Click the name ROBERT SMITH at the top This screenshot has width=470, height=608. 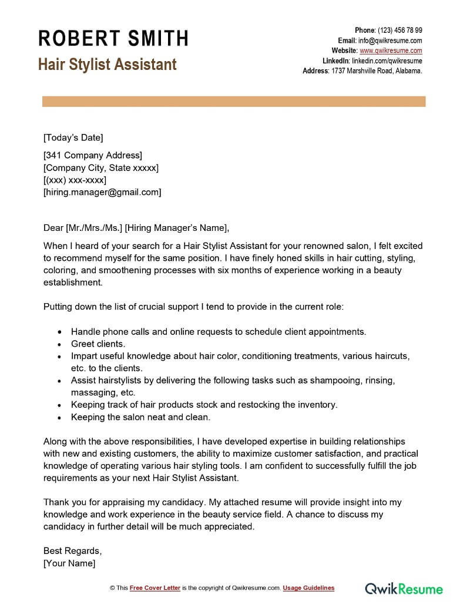pyautogui.click(x=113, y=39)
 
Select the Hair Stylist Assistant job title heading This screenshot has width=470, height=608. pyautogui.click(x=108, y=64)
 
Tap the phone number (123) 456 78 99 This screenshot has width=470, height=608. pyautogui.click(x=399, y=31)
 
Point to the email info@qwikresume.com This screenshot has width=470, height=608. pyautogui.click(x=391, y=41)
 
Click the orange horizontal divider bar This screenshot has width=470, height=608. pyautogui.click(x=234, y=102)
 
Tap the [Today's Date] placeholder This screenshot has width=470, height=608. pyautogui.click(x=73, y=138)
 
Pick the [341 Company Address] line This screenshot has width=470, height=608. pyautogui.click(x=93, y=156)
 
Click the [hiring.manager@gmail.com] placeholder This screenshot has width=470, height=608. pyautogui.click(x=102, y=192)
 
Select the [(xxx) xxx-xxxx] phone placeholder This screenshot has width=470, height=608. pyautogui.click(x=75, y=180)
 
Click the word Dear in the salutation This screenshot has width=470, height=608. pyautogui.click(x=53, y=228)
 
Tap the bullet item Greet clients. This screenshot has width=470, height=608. pyautogui.click(x=98, y=344)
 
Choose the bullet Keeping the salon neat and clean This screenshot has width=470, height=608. pyautogui.click(x=140, y=417)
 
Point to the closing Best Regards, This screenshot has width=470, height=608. pyautogui.click(x=72, y=551)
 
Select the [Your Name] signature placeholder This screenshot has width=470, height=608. pyautogui.click(x=69, y=563)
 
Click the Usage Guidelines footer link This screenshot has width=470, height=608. pyautogui.click(x=308, y=588)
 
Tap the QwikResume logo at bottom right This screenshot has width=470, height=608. pyautogui.click(x=404, y=588)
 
